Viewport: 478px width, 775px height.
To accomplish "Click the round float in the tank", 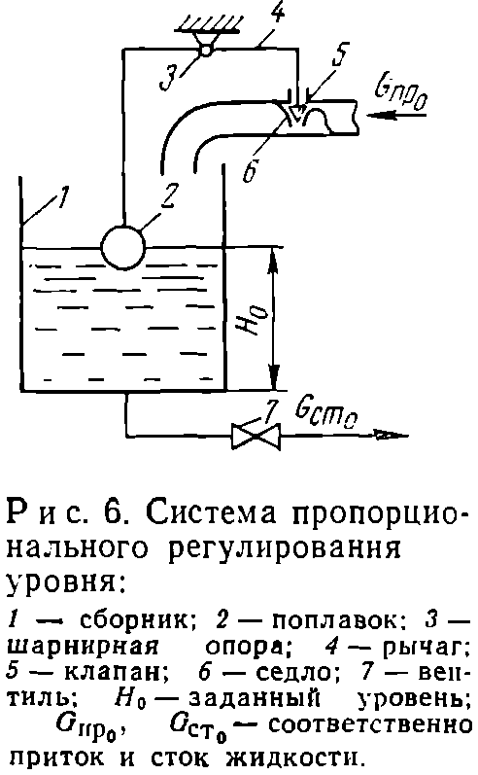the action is tap(123, 247).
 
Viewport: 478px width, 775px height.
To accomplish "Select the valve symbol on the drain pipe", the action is tap(256, 436).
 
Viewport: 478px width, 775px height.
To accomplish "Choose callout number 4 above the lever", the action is tap(278, 13).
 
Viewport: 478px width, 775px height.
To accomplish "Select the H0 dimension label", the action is tap(258, 319).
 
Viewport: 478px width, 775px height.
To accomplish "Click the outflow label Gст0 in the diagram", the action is tap(325, 412).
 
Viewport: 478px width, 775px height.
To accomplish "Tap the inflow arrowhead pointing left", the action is tap(376, 116).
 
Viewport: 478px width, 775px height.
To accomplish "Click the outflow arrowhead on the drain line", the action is tap(394, 436).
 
